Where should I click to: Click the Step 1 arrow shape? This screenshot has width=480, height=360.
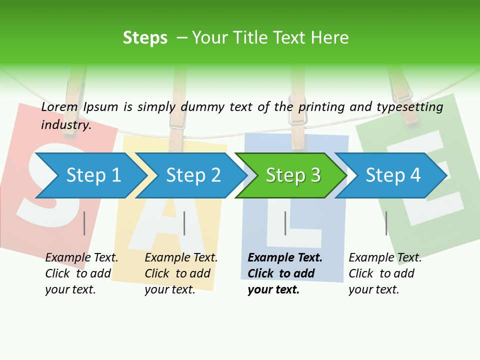(92, 175)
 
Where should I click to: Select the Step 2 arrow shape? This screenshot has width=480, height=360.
(192, 175)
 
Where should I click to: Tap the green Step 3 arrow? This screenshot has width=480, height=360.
(292, 175)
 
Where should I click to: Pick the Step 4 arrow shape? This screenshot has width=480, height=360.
(392, 175)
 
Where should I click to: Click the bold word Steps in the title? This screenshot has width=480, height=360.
(145, 38)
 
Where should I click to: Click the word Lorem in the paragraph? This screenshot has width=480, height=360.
(59, 106)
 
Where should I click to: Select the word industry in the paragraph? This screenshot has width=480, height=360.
(65, 125)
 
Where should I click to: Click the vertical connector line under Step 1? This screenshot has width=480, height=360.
(84, 223)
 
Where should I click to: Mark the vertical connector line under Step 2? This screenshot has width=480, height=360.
(184, 223)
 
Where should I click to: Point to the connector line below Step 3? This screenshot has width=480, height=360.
(285, 223)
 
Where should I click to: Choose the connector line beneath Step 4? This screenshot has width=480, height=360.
(386, 223)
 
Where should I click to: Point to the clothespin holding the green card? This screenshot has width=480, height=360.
(402, 95)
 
